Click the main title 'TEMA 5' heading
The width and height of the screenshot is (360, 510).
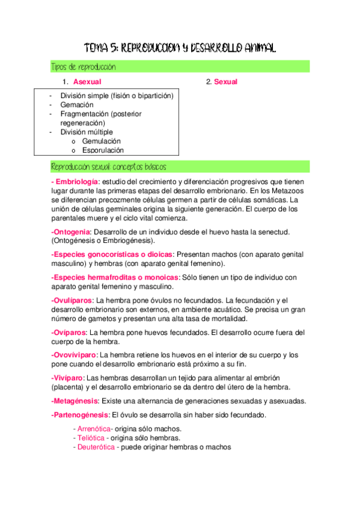click(180, 48)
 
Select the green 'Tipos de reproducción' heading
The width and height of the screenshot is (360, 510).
click(84, 67)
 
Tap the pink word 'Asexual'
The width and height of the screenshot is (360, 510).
click(87, 82)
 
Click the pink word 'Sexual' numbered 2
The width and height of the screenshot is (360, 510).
click(226, 82)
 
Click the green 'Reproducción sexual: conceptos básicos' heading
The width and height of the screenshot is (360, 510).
click(109, 167)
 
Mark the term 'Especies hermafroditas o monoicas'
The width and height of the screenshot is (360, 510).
click(115, 277)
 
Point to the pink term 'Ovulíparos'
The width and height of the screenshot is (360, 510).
click(72, 300)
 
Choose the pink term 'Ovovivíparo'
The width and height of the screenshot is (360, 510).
click(75, 355)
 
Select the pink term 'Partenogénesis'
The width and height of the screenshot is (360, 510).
click(80, 415)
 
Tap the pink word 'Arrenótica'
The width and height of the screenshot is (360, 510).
click(93, 429)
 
